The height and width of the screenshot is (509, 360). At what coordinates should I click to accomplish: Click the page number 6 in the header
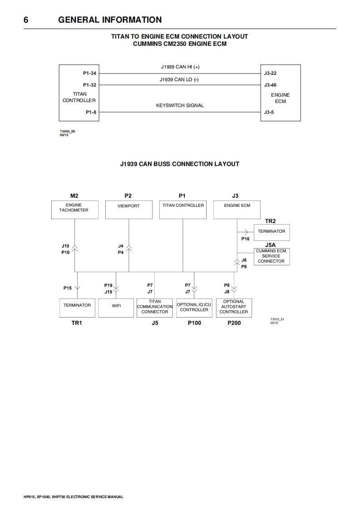[26, 20]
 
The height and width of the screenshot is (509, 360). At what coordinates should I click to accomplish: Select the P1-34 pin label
[89, 73]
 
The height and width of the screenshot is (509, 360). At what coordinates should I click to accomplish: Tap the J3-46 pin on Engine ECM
[270, 85]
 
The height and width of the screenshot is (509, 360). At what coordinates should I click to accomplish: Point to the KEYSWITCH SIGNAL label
[180, 105]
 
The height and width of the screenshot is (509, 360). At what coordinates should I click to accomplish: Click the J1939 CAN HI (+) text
[180, 67]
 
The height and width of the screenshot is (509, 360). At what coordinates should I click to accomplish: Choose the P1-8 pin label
[90, 112]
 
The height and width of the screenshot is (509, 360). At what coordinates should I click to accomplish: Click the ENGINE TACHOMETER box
[74, 210]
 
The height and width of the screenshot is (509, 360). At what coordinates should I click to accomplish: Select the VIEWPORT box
[128, 210]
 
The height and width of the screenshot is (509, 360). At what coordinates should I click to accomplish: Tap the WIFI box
[116, 308]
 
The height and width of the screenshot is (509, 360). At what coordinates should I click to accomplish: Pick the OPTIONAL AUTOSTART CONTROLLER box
[234, 308]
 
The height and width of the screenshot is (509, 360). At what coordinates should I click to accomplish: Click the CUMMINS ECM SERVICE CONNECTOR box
[271, 256]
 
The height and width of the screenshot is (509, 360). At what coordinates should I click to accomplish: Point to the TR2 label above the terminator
[270, 221]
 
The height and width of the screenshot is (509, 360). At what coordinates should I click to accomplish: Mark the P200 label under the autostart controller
[234, 323]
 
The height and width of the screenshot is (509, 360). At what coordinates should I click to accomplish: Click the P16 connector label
[245, 239]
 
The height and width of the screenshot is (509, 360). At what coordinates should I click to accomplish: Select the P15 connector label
[67, 288]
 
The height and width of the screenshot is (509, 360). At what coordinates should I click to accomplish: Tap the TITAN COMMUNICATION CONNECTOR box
[155, 308]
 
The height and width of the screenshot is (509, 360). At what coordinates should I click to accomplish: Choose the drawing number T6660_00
[67, 131]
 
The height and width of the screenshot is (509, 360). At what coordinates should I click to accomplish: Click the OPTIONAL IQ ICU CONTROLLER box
[194, 308]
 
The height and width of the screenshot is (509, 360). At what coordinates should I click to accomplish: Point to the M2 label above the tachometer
[74, 196]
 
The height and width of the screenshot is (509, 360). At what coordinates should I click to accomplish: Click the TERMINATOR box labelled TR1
[77, 308]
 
